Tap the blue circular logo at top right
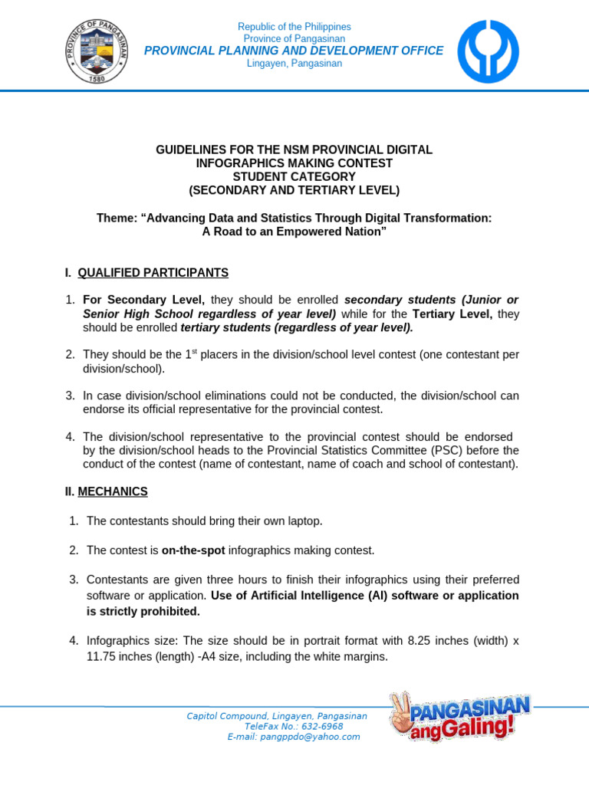pos(488,51)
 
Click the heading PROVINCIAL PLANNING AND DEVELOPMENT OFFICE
pos(294,51)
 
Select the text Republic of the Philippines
pos(294,27)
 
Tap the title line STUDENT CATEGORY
pos(294,176)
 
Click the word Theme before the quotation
pos(113,218)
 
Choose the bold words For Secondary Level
pos(143,299)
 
